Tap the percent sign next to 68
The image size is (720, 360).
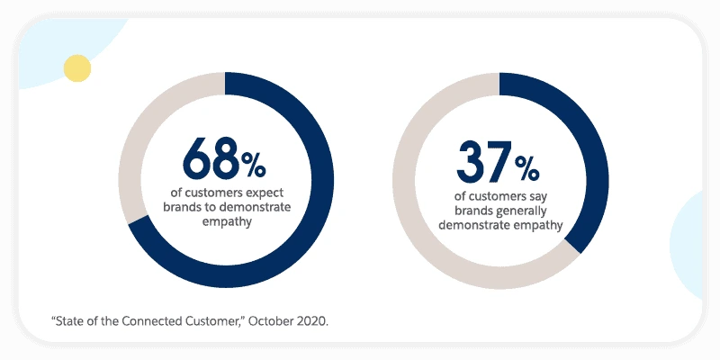[x=253, y=165]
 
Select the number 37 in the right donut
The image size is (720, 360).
[x=483, y=162]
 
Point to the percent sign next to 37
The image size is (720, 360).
[x=526, y=168]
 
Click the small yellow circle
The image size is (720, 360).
[x=77, y=67]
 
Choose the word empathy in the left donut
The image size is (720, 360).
[x=225, y=221]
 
